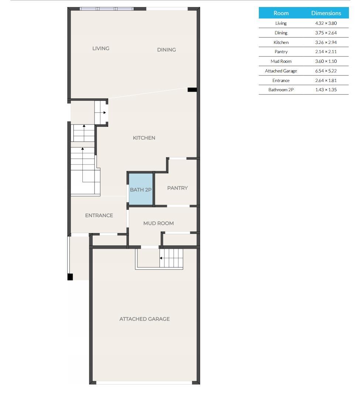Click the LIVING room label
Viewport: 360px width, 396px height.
tap(101, 48)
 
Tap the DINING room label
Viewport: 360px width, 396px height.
tap(167, 50)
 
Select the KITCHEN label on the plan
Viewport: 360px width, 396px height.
tap(144, 138)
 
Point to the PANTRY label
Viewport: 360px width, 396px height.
tap(178, 188)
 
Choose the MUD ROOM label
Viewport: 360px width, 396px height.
tap(158, 223)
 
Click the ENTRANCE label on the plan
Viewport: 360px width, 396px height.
tap(99, 215)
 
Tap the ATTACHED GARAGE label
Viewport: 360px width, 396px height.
tap(144, 319)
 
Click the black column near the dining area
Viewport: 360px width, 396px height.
tap(192, 90)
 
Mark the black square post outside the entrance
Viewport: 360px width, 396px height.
tap(70, 277)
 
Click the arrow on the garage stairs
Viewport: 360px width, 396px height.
tap(161, 258)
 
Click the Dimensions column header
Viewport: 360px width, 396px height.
tap(326, 13)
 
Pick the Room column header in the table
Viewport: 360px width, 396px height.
tap(281, 13)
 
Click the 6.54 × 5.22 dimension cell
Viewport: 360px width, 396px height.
tap(326, 71)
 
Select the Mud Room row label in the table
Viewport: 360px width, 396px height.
tap(281, 61)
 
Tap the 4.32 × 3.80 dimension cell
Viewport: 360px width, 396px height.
tap(326, 23)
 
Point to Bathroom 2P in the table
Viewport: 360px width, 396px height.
tap(281, 90)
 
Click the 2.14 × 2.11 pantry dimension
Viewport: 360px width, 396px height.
tap(326, 52)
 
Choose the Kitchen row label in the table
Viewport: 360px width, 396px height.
tap(281, 42)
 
